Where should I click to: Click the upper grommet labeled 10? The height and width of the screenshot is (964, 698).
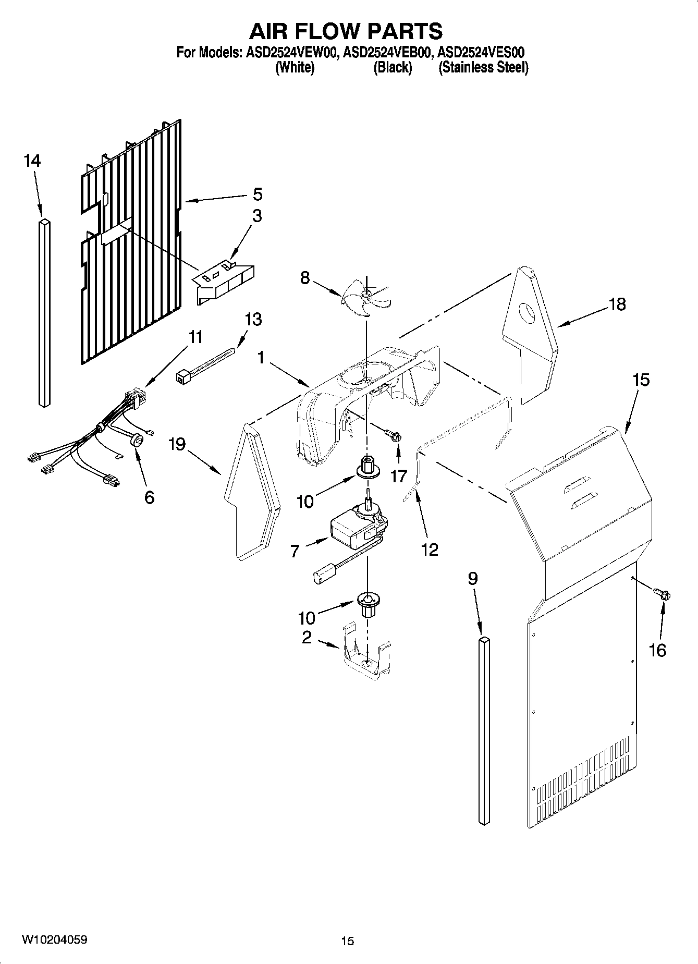coord(368,466)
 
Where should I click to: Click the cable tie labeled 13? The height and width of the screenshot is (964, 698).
coord(205,364)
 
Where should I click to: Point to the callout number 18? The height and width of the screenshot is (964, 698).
coord(617,304)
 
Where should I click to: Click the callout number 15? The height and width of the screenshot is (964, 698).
coord(641,380)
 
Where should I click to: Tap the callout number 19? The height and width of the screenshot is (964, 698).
coord(177,444)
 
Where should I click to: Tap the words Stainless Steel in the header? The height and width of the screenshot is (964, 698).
coord(484,68)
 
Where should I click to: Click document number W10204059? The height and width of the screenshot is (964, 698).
coord(54,939)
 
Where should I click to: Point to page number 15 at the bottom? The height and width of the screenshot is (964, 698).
coord(347,941)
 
